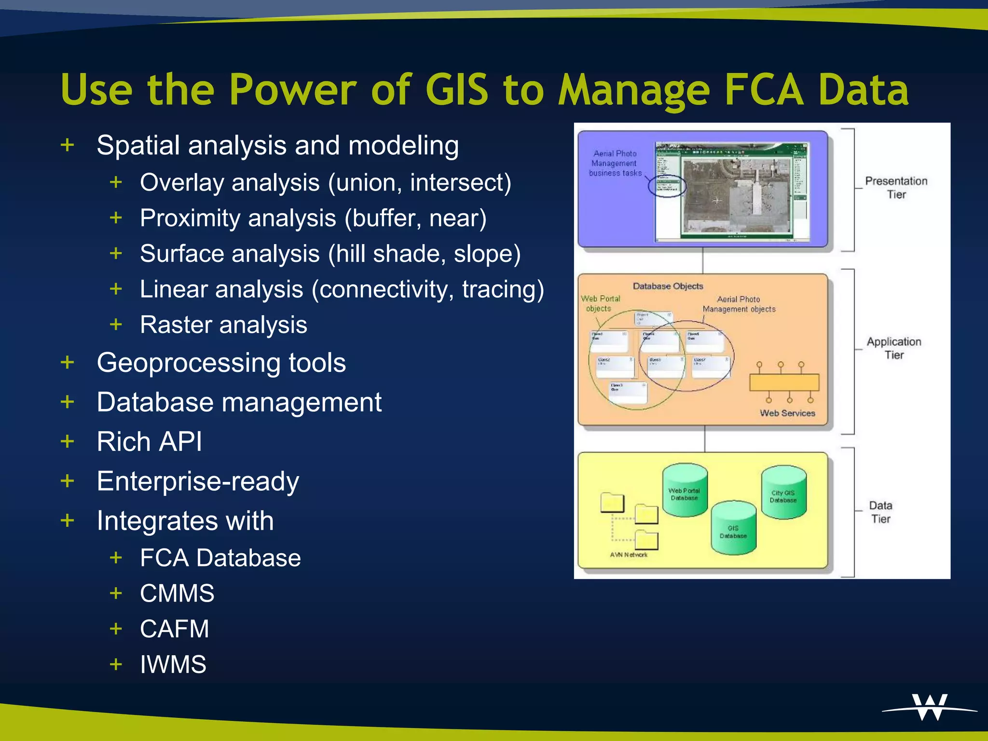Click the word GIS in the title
[x=457, y=90]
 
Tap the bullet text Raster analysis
[x=223, y=325]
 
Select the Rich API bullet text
[x=149, y=441]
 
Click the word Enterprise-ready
[x=198, y=481]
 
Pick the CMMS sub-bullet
[x=177, y=593]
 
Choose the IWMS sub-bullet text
[x=173, y=664]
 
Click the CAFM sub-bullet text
[x=174, y=629]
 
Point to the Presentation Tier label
[x=896, y=188]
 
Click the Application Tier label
[x=893, y=348]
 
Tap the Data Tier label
[x=880, y=512]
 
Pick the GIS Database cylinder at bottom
[x=733, y=528]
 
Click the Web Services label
[x=787, y=413]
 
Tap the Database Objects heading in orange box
[x=668, y=286]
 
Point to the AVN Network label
[x=629, y=555]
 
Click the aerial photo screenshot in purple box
[x=731, y=192]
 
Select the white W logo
[x=930, y=707]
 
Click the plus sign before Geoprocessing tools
[x=68, y=362]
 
